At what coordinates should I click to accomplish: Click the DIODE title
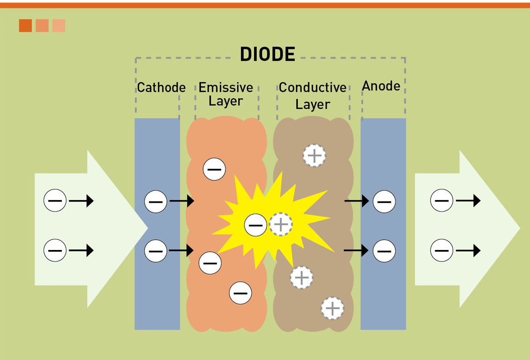tap(267, 54)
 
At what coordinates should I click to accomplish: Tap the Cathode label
tap(161, 87)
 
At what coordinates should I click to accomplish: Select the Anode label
tap(381, 86)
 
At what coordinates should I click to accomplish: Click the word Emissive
tap(225, 87)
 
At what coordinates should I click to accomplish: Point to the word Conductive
tap(313, 87)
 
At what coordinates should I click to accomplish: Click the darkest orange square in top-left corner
tap(25, 26)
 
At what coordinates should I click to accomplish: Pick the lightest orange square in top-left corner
tap(59, 26)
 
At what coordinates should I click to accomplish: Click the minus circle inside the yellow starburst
tap(255, 225)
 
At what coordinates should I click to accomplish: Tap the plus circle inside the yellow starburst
tap(281, 224)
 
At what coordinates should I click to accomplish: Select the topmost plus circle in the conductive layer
tap(314, 155)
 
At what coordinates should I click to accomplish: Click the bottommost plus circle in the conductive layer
tap(332, 308)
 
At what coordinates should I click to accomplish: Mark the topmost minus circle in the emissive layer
tap(214, 169)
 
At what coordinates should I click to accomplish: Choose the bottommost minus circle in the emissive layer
tap(240, 293)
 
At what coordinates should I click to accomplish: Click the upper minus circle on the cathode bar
tap(156, 201)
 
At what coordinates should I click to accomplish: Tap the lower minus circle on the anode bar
tap(384, 251)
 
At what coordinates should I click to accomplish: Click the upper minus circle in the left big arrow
tap(55, 201)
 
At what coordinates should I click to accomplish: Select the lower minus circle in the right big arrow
tap(442, 250)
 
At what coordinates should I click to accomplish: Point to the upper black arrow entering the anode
tap(356, 201)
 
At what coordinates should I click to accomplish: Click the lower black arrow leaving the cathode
tap(181, 250)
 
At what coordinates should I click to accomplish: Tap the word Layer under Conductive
tap(313, 105)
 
